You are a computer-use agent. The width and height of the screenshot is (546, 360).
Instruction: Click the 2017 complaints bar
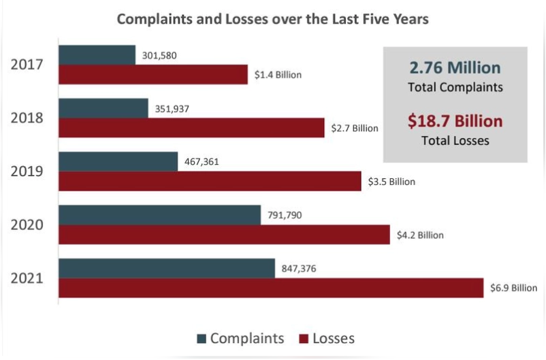tap(97, 55)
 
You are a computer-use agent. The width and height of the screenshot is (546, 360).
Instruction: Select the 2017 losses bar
tap(152, 74)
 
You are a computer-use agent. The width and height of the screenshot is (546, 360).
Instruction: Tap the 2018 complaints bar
tap(103, 108)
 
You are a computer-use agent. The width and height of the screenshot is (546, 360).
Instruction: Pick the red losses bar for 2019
tap(210, 181)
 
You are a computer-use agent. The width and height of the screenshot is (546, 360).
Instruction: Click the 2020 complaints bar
tap(159, 215)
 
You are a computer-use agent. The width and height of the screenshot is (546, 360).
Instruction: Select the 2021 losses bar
tap(270, 287)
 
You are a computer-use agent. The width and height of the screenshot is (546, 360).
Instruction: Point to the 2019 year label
tap(27, 171)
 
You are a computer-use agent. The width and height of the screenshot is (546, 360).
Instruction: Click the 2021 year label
tap(27, 278)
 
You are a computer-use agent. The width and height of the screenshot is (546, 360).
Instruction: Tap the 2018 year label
tap(27, 118)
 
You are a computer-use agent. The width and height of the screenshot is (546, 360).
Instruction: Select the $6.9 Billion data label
tap(513, 288)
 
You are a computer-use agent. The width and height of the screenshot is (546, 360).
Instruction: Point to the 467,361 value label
tap(203, 162)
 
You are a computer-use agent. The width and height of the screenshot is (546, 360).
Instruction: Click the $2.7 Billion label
tap(354, 128)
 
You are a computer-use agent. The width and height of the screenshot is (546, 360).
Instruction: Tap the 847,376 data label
tap(300, 269)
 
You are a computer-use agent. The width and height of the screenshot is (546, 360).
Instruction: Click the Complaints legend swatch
tap(201, 338)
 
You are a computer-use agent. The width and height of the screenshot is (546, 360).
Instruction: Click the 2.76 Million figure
tap(455, 68)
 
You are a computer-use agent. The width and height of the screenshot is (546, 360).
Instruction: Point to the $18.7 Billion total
tap(455, 121)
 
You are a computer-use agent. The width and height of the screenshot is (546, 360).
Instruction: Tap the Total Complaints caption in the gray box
tap(455, 87)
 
